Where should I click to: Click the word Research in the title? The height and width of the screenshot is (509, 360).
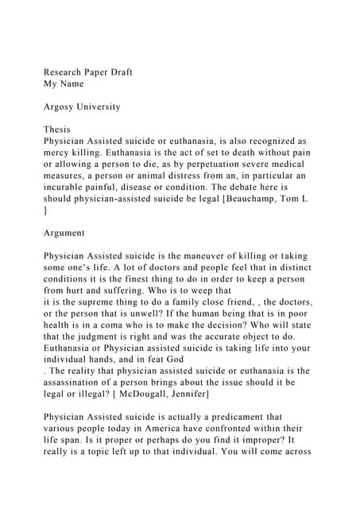(x=65, y=72)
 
